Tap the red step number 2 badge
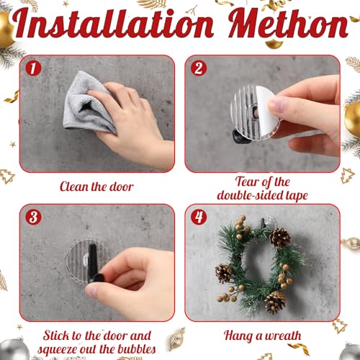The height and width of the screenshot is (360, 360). click(x=199, y=68)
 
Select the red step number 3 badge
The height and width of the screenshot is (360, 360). click(x=32, y=217)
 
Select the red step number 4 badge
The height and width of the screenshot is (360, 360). click(x=199, y=217)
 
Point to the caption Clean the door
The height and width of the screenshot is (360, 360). click(x=97, y=187)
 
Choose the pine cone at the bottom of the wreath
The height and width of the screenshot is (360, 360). click(x=274, y=301)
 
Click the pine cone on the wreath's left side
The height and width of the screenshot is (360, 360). click(x=225, y=272)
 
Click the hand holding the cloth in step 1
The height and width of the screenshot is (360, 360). click(x=137, y=122)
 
